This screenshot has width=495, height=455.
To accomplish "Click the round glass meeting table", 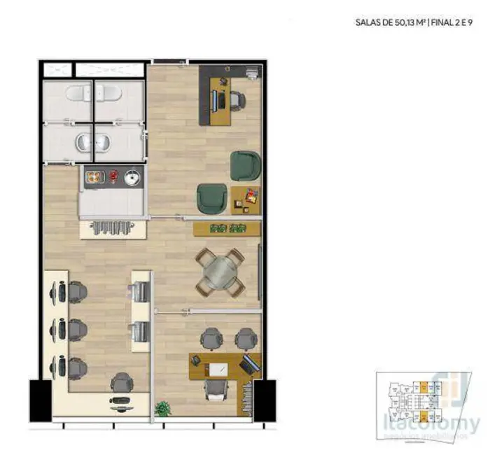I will (x=220, y=272).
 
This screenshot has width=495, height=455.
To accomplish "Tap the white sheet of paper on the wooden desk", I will (x=218, y=370).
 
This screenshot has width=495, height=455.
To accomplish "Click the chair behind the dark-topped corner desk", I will (x=235, y=100).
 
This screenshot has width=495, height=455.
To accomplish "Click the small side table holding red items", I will (x=246, y=199).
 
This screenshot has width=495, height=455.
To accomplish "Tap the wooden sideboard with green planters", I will (x=228, y=228).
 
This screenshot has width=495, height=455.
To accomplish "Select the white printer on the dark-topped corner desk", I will (x=253, y=72).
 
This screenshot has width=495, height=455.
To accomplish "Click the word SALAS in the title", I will (x=368, y=22).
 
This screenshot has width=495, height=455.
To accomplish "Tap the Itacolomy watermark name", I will (x=440, y=423).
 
